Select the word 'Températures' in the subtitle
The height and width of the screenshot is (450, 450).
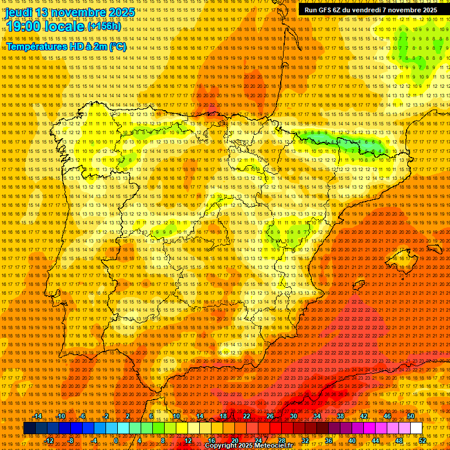(36, 46)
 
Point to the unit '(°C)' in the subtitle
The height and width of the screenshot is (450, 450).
(117, 46)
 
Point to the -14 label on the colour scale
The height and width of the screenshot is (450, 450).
(38, 416)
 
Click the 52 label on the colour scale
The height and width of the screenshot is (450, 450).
(422, 441)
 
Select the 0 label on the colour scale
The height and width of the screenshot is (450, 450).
(116, 441)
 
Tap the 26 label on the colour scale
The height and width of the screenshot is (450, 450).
(270, 416)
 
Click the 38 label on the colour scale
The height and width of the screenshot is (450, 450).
(340, 416)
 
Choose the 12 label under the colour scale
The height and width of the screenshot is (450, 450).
(188, 441)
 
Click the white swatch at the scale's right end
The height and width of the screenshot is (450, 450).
(416, 428)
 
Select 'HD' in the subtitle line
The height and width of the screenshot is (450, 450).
(76, 46)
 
